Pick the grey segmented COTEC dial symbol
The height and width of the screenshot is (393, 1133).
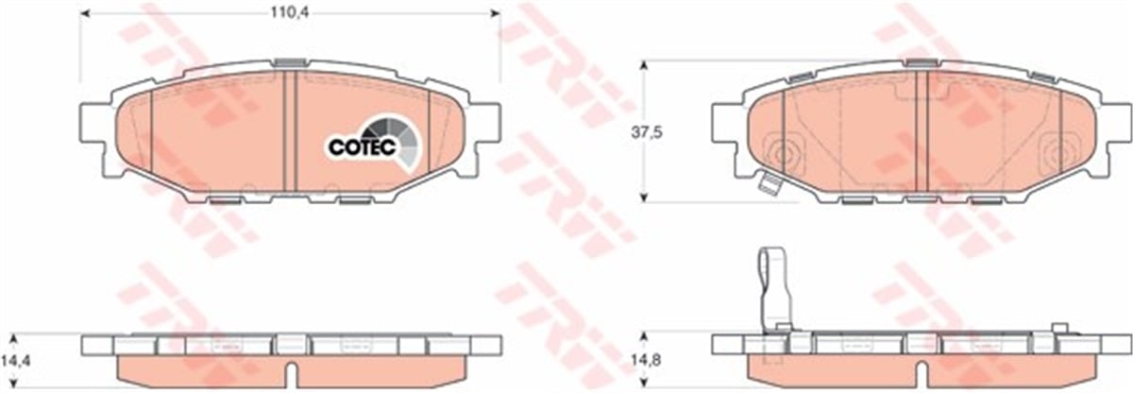pos(396,141)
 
